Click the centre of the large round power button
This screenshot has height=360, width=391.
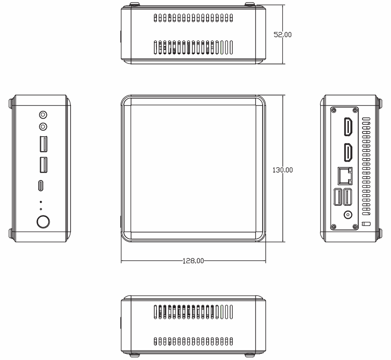43,222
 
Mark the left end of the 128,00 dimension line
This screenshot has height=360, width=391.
121,261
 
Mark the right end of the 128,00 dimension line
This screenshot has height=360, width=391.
266,261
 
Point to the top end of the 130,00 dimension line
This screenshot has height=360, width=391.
283,95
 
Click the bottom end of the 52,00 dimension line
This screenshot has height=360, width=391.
283,64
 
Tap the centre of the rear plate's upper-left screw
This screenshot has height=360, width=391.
334,110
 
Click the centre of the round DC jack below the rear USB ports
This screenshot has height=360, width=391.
348,215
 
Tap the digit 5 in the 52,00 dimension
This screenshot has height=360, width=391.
276,35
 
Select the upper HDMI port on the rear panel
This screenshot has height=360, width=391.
348,127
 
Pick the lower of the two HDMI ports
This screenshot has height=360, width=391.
348,152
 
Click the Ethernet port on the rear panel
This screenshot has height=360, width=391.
345,176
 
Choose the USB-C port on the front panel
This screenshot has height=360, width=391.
41,186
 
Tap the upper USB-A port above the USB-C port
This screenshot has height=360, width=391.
43,144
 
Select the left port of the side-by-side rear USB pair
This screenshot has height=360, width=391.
338,197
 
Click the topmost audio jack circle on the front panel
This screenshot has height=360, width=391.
43,115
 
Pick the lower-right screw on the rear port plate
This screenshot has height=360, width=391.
355,226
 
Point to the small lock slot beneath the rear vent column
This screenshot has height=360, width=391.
366,223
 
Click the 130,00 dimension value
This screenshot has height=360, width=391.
283,170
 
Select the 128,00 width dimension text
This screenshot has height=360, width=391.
193,261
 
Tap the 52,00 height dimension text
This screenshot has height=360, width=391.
283,35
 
